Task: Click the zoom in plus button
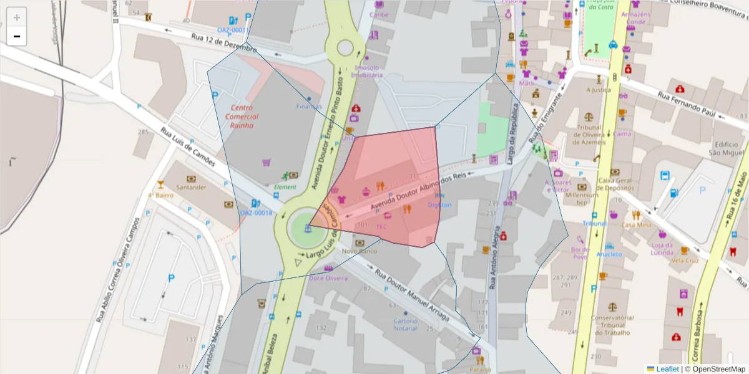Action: (17, 17)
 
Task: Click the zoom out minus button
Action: (17, 36)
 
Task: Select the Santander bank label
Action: (192, 187)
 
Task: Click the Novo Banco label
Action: (360, 251)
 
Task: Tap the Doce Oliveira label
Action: (328, 278)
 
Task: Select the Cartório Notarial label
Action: (405, 325)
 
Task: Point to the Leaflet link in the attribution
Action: (667, 369)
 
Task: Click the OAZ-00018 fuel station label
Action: (257, 213)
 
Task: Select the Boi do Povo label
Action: (580, 252)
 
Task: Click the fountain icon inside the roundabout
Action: (308, 228)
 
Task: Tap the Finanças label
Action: (309, 107)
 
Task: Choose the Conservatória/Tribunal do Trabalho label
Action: (612, 325)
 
